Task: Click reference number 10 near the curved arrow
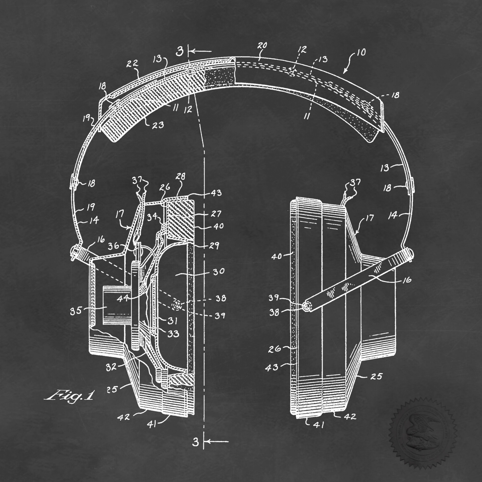(361, 53)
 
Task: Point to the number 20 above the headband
(262, 46)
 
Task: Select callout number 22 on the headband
(133, 64)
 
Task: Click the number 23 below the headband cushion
(158, 125)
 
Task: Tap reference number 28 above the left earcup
(180, 177)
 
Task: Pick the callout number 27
(216, 214)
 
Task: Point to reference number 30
(218, 271)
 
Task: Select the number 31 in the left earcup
(172, 321)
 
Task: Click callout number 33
(174, 334)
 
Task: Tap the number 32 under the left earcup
(112, 367)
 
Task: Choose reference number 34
(152, 217)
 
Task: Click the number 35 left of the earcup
(76, 311)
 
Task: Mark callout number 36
(114, 246)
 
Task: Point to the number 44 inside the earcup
(123, 298)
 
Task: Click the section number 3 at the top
(180, 52)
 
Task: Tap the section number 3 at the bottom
(196, 441)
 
